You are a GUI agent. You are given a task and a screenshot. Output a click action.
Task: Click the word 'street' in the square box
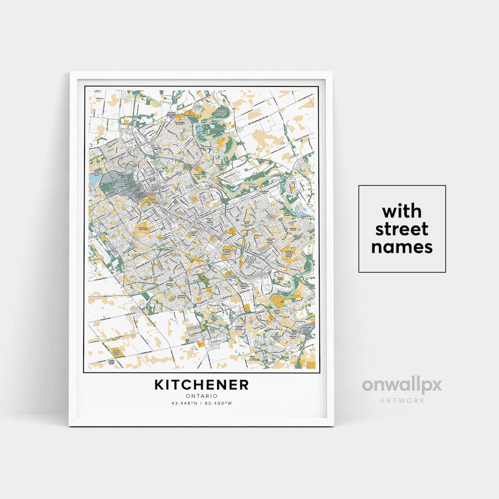click(x=402, y=229)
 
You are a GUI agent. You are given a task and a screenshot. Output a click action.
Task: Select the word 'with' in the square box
click(x=402, y=212)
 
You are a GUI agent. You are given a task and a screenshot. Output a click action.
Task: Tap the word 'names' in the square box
click(x=402, y=247)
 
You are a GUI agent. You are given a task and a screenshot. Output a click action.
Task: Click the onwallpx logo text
click(x=402, y=385)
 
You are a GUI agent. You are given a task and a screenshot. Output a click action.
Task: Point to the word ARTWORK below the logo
click(x=402, y=400)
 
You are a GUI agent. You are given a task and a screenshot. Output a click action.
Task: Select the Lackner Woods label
click(x=292, y=228)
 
